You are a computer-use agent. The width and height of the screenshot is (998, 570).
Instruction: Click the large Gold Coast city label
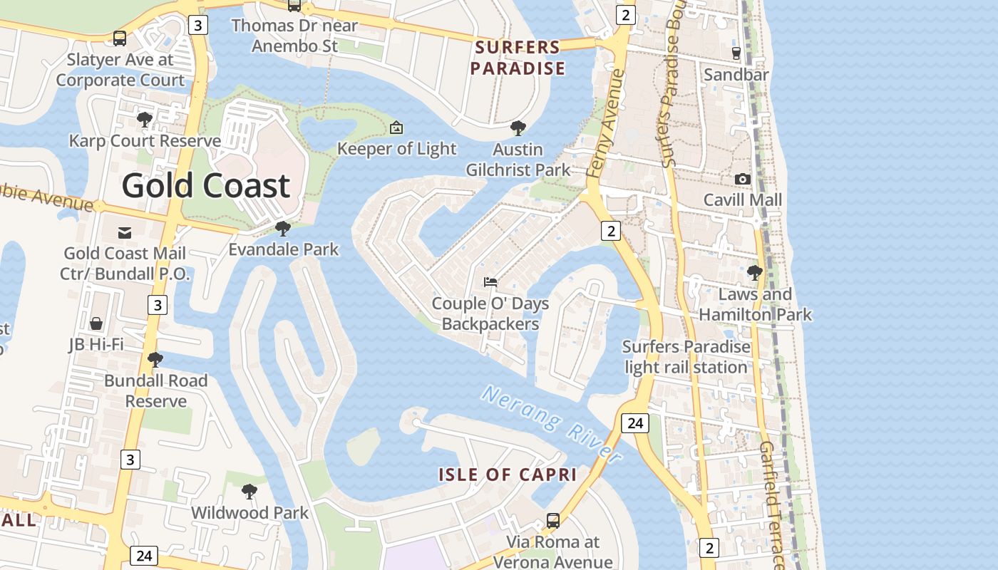click(x=205, y=185)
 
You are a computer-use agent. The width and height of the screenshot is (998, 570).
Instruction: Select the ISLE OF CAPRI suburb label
click(x=507, y=475)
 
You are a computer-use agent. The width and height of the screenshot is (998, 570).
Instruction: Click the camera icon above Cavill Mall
click(x=743, y=179)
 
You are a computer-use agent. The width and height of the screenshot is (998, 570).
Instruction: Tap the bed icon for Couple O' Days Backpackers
click(x=490, y=282)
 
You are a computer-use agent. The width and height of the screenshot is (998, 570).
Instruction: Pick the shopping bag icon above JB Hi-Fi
click(x=96, y=323)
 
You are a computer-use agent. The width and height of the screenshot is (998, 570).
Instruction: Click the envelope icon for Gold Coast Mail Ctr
click(x=125, y=232)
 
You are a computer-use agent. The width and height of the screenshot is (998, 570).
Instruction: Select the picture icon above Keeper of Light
click(x=396, y=128)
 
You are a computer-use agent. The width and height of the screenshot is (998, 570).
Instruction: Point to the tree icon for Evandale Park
click(x=283, y=229)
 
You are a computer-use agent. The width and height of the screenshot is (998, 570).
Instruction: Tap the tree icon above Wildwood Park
click(x=249, y=491)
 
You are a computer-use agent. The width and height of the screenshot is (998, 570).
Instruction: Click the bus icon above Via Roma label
click(x=552, y=521)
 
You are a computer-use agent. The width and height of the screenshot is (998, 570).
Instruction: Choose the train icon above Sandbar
click(x=736, y=53)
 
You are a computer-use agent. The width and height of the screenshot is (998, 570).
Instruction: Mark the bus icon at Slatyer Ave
click(x=120, y=38)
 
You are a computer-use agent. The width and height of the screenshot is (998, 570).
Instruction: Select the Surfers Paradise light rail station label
click(x=686, y=357)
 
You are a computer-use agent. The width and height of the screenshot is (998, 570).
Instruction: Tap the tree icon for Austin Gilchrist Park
click(x=518, y=128)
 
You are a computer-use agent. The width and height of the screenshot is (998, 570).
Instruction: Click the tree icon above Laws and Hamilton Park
click(x=754, y=272)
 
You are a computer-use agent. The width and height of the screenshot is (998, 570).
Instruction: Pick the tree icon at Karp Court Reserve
click(x=145, y=119)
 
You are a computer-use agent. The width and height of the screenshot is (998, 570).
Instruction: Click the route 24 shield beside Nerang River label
click(x=634, y=423)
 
